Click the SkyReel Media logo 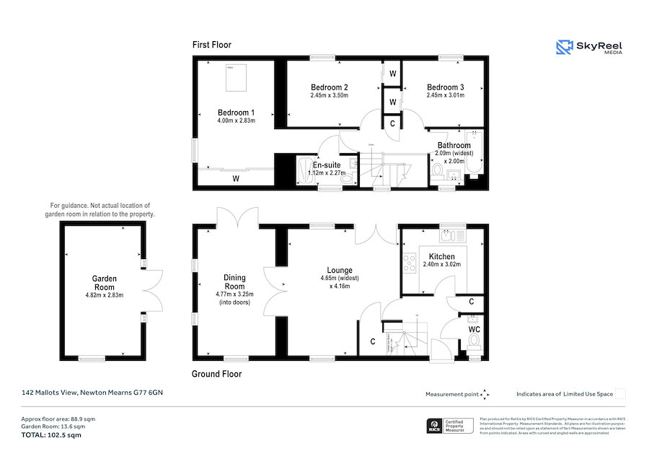(589, 48)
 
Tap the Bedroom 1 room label (236, 113)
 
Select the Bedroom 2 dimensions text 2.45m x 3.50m (330, 95)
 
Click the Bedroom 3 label (445, 87)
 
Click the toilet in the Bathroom (438, 170)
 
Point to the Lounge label (340, 270)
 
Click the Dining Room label (234, 281)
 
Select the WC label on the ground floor (474, 329)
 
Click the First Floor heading (211, 45)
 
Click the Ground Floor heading (216, 374)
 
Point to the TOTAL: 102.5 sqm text (50, 436)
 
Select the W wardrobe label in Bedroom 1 (235, 178)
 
